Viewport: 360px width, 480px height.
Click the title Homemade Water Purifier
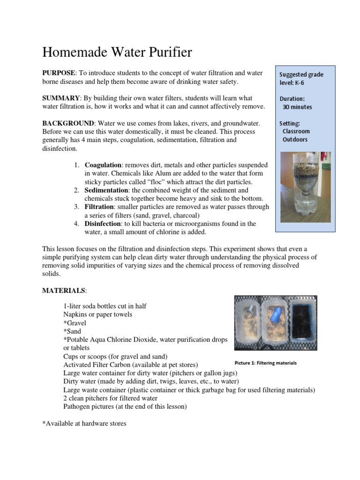(x=117, y=52)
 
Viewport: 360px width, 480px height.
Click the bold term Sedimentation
(x=106, y=190)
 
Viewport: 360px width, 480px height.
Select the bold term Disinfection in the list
(x=103, y=224)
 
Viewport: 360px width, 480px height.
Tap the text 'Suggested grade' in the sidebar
(x=301, y=75)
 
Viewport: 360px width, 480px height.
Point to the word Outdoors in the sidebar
(x=295, y=140)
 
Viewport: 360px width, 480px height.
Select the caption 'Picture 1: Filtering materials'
(x=265, y=363)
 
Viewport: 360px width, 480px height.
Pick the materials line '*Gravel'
(x=75, y=323)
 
